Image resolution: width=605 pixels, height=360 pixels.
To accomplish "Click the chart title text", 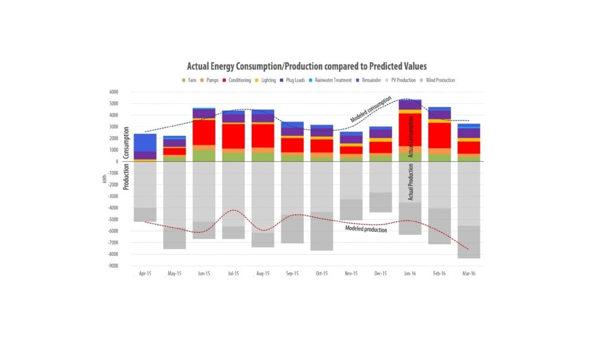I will coord(307,67).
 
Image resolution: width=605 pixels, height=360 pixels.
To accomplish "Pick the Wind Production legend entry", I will coord(438,80).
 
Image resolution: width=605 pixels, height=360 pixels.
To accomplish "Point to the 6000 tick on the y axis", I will coord(112,92).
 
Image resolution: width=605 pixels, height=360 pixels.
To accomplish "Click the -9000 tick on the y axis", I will coord(111,266).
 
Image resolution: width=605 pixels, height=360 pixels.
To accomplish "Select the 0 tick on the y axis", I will coord(117,161).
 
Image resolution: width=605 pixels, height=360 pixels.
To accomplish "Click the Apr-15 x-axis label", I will coord(145,274).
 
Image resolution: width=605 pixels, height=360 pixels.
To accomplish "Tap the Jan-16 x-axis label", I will coord(410,274).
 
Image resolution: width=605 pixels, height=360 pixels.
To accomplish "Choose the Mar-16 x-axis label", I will coord(469,274).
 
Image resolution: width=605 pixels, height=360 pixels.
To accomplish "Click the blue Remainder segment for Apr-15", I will coord(145,142).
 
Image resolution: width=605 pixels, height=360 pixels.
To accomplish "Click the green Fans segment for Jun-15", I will coord(204,155).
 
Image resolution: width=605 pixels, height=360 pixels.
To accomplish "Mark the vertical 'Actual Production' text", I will coord(411,182).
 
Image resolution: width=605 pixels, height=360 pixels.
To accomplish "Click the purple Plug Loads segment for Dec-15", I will coord(380,134).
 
